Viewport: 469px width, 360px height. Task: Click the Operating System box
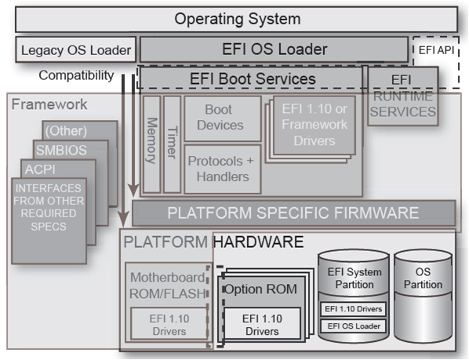(235, 19)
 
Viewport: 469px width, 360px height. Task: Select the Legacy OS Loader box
(75, 50)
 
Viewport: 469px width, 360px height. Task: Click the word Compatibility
(76, 75)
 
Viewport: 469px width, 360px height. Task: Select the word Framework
(49, 104)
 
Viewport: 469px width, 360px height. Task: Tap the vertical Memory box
(152, 144)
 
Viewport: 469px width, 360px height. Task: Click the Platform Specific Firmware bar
(293, 213)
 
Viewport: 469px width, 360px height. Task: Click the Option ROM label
(260, 289)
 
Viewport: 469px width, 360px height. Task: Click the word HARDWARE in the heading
(258, 242)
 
